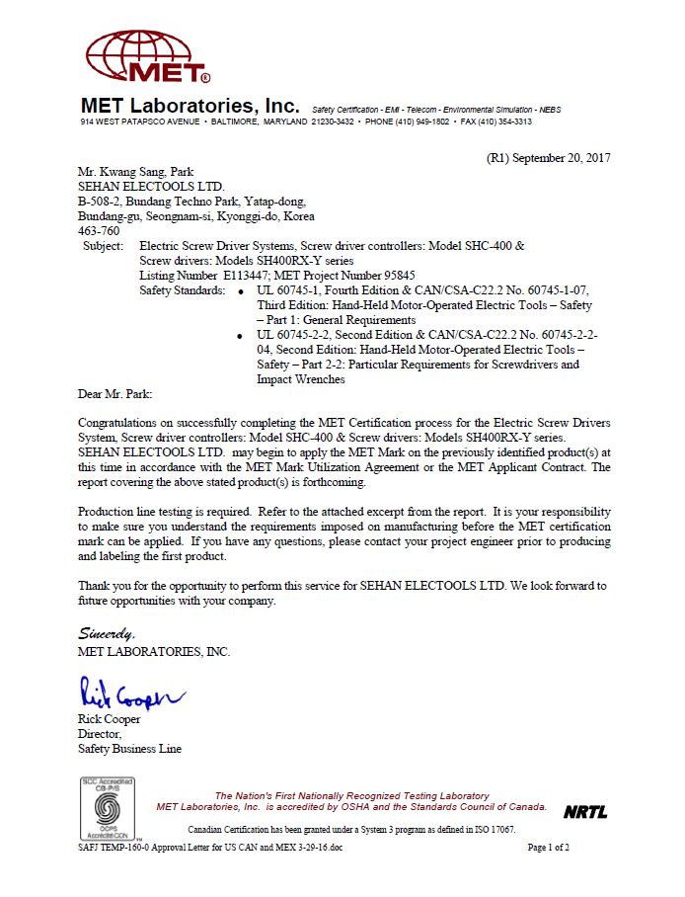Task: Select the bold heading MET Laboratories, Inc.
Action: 190,105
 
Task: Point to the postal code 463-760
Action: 99,230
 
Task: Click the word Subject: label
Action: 104,245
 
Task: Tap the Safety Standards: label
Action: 183,291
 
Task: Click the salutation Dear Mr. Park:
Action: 115,393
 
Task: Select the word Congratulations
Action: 119,423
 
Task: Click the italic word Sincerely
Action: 107,632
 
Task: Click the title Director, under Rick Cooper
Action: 100,734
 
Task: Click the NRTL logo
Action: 585,812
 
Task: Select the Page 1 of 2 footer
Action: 549,848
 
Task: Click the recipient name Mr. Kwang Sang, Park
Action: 135,171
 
